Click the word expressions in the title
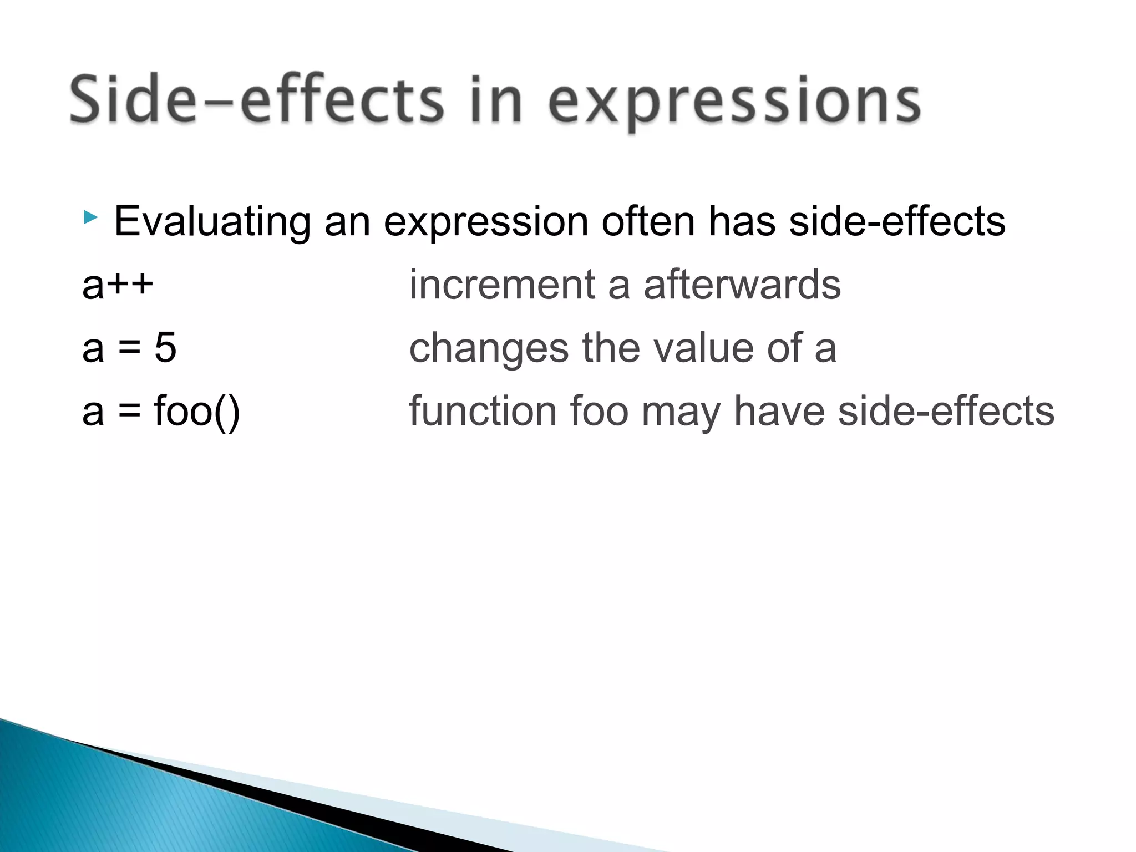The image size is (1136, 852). (x=735, y=103)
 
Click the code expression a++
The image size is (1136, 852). (x=118, y=285)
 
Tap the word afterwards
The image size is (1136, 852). (x=742, y=285)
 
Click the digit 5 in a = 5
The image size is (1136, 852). (x=165, y=348)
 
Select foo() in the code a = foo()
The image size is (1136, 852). (x=197, y=412)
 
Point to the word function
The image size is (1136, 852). (x=483, y=412)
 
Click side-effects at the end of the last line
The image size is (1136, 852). (x=946, y=412)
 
